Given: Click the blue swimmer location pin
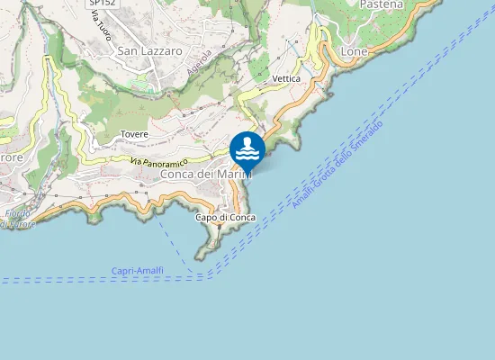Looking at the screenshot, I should click(247, 149).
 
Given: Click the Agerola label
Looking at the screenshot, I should click(198, 62).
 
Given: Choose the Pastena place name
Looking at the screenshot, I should click(381, 4).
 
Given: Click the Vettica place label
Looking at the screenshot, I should click(285, 79).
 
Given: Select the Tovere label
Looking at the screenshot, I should click(134, 134).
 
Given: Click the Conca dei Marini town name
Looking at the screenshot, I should click(206, 175).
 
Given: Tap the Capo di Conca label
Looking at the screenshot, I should click(225, 218).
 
